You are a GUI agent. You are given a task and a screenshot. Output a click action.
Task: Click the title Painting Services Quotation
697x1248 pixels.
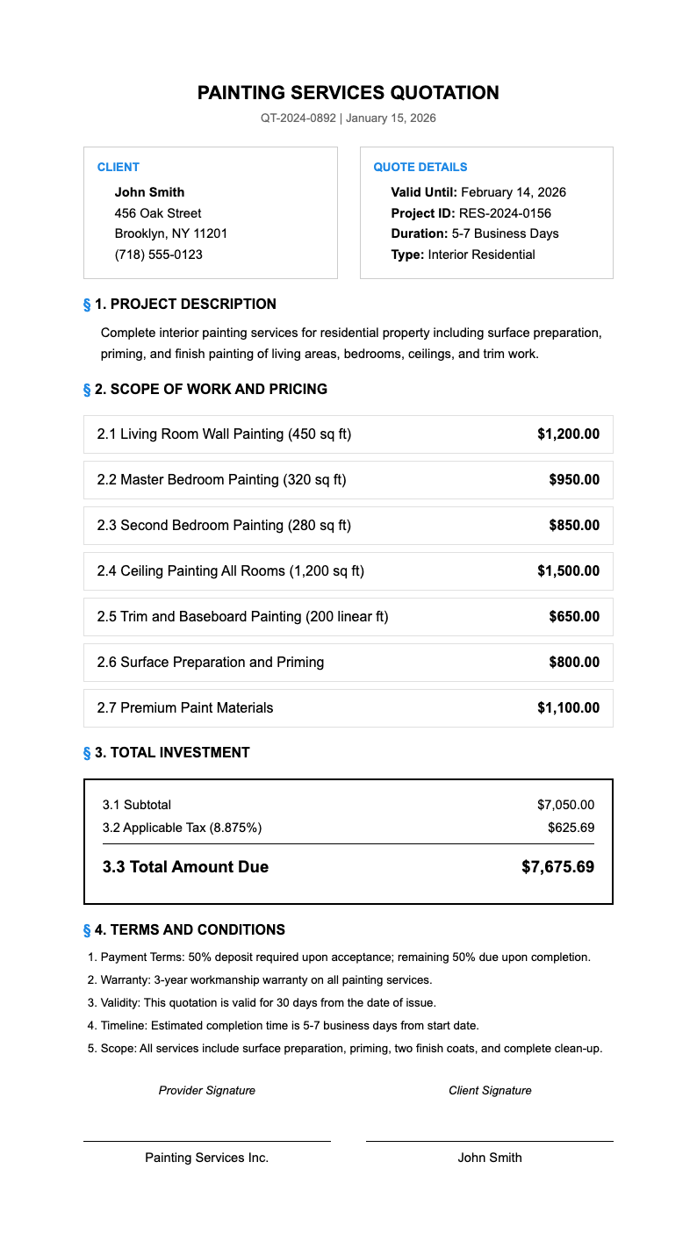(348, 93)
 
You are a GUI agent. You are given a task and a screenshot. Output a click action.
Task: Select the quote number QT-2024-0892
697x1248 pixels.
(298, 118)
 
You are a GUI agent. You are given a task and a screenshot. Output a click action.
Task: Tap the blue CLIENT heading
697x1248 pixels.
(118, 167)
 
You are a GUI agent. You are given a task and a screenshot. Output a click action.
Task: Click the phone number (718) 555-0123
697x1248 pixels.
(158, 255)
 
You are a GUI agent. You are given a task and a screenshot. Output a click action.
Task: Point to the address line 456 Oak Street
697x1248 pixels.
(158, 213)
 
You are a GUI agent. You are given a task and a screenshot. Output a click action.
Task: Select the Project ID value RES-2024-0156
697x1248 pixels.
(505, 213)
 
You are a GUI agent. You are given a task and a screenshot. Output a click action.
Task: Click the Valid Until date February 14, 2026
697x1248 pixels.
(513, 192)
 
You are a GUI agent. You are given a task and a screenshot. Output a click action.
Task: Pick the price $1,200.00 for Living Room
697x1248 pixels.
(568, 434)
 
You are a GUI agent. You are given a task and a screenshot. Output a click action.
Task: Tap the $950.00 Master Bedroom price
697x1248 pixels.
(574, 480)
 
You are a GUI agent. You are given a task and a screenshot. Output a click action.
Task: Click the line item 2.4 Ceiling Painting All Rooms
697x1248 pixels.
(230, 571)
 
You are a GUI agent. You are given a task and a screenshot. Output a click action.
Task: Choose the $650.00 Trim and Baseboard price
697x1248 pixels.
(574, 617)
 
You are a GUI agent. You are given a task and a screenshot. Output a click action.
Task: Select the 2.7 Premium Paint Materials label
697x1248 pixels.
(185, 708)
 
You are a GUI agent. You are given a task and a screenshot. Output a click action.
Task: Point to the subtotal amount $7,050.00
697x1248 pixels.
(565, 805)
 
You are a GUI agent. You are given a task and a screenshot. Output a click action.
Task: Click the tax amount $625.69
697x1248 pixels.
(571, 828)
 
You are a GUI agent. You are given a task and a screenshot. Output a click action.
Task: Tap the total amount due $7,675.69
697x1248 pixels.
(557, 867)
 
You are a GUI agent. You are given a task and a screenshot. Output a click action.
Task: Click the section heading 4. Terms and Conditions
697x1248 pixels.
(189, 929)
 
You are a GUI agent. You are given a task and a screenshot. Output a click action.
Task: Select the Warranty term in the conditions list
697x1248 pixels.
(266, 979)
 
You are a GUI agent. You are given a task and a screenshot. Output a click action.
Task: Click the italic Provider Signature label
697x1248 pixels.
(207, 1090)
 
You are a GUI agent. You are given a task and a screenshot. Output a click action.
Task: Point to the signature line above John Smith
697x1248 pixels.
(489, 1141)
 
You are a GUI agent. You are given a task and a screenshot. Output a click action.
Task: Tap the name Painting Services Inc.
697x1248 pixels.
(207, 1158)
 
